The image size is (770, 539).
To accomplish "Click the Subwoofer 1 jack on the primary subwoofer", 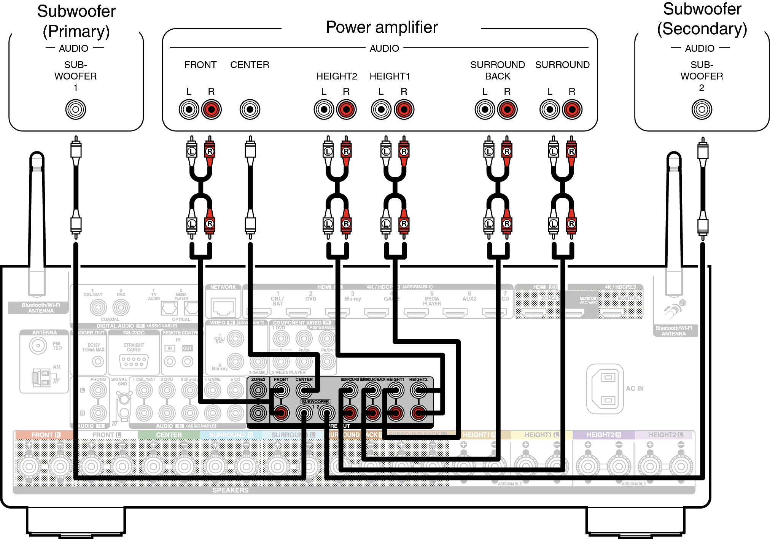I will [76, 110].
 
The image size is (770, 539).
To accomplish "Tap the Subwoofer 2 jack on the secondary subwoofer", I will [702, 110].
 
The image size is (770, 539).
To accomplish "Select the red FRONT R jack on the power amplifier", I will [211, 110].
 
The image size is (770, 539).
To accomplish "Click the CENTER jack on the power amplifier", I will [250, 110].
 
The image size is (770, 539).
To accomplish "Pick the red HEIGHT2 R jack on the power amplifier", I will [346, 110].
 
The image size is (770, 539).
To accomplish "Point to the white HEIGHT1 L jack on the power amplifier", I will [381, 110].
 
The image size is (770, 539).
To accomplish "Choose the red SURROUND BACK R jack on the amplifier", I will [507, 110].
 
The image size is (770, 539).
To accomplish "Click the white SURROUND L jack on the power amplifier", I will [549, 110].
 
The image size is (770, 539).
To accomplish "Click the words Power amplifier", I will [382, 27].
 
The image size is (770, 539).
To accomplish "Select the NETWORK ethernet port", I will [223, 307].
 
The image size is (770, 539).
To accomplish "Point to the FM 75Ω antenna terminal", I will [38, 345].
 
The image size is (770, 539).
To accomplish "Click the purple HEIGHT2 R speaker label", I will [603, 435].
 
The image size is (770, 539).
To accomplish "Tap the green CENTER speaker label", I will [169, 435].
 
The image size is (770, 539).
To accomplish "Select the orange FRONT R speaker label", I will [46, 435].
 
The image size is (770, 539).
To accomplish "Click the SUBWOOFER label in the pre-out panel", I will [315, 401].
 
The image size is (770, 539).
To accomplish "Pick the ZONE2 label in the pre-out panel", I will [258, 379].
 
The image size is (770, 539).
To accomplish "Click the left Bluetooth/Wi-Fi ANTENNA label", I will [41, 308].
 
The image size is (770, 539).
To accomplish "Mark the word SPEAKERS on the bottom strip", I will [230, 490].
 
